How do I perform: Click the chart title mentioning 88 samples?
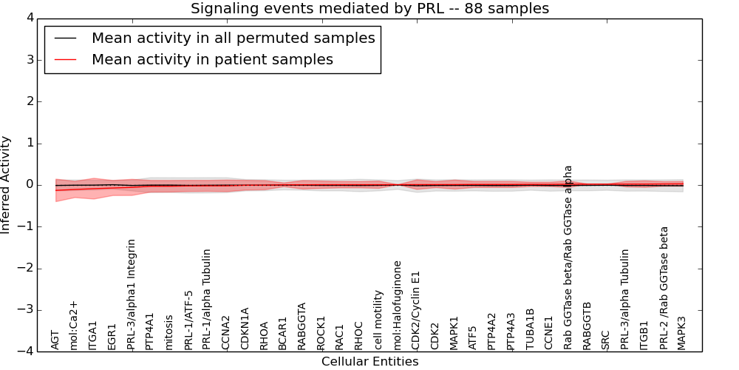click(369, 9)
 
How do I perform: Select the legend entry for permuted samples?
click(233, 38)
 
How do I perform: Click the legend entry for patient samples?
click(212, 60)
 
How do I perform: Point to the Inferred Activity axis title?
click(7, 185)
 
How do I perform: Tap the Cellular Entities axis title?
click(369, 362)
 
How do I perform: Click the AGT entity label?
click(55, 339)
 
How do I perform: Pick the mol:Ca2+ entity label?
click(74, 325)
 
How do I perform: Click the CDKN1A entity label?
click(245, 328)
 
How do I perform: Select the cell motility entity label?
click(378, 319)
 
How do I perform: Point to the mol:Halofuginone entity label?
click(398, 304)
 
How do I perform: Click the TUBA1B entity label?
click(530, 329)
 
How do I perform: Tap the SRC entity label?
click(606, 339)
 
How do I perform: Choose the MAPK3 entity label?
click(682, 332)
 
